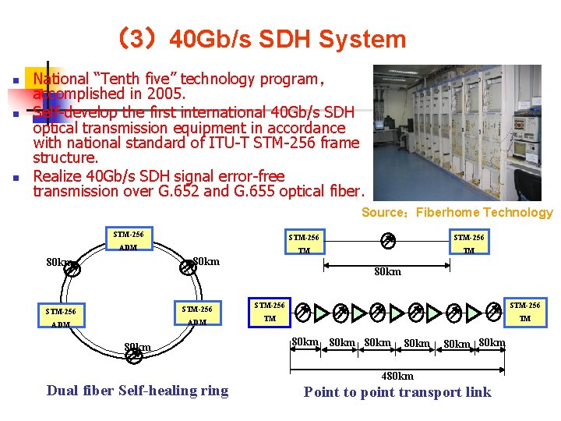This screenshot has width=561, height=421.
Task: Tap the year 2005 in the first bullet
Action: coord(166,94)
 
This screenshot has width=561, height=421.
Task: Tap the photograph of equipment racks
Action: coord(457,133)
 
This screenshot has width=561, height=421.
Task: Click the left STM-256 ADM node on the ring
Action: coord(60,318)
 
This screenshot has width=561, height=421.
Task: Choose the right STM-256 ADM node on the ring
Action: coord(197,315)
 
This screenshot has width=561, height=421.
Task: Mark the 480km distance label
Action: coord(398,376)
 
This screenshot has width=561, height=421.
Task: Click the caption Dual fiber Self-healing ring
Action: coord(138,391)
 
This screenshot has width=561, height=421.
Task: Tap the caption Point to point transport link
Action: coord(397,391)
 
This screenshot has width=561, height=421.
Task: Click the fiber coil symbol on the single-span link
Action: coord(388,241)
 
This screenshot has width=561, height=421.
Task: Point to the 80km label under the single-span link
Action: coord(388,272)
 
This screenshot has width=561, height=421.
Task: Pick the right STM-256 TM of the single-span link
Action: coord(469,244)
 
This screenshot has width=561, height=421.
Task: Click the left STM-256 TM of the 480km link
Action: coord(270,312)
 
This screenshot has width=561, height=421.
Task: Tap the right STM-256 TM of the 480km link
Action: coord(525,312)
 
